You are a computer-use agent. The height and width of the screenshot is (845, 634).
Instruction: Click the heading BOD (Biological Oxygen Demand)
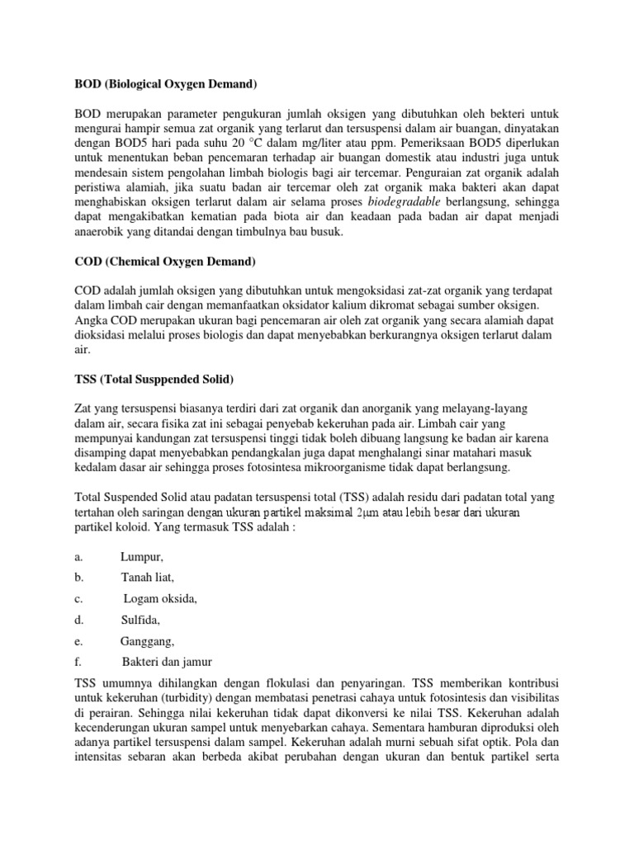coord(166,83)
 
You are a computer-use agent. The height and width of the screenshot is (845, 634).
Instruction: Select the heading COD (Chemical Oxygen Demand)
coord(165,262)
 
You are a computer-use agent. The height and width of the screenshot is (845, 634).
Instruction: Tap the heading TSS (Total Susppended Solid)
coord(154,380)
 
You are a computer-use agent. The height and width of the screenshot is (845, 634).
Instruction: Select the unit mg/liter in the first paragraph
coord(348,142)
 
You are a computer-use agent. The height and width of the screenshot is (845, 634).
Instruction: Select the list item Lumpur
coord(142,557)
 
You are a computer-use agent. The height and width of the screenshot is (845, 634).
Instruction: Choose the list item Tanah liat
coord(149,578)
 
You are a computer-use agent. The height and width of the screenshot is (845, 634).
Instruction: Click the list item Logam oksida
coord(161,599)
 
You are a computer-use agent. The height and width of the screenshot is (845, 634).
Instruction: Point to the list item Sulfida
coord(141,620)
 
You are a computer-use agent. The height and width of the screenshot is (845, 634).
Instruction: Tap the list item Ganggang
coord(148,641)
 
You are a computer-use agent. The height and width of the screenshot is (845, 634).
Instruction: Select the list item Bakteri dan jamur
coord(168,662)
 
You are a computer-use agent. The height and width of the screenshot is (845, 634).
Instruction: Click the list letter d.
coord(78,620)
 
